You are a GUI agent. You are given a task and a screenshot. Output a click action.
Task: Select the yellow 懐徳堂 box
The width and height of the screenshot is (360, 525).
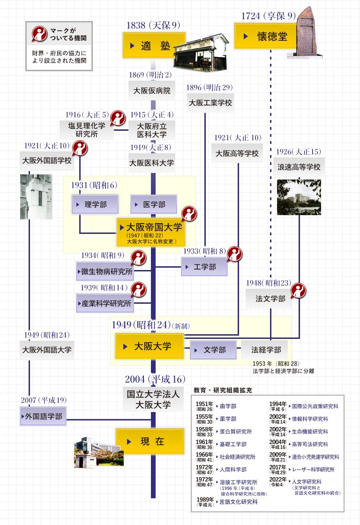click(x=265, y=36)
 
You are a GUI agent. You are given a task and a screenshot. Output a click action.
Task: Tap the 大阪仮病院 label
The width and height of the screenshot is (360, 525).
click(x=151, y=90)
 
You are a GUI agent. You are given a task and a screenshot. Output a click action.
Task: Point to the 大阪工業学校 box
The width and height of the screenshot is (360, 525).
click(x=210, y=103)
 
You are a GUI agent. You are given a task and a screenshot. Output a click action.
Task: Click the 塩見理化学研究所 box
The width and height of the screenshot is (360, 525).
click(x=87, y=129)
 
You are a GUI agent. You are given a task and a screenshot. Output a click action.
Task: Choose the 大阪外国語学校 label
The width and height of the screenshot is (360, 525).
click(x=47, y=160)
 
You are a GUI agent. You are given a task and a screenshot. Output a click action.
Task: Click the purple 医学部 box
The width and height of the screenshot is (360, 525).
click(x=154, y=205)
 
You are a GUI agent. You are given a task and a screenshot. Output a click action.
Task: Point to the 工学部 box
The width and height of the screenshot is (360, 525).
click(x=204, y=267)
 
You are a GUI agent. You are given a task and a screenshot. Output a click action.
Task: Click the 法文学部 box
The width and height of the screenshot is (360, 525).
click(x=270, y=299)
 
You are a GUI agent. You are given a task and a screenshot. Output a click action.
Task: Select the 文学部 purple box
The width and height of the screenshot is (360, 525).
click(x=213, y=350)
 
